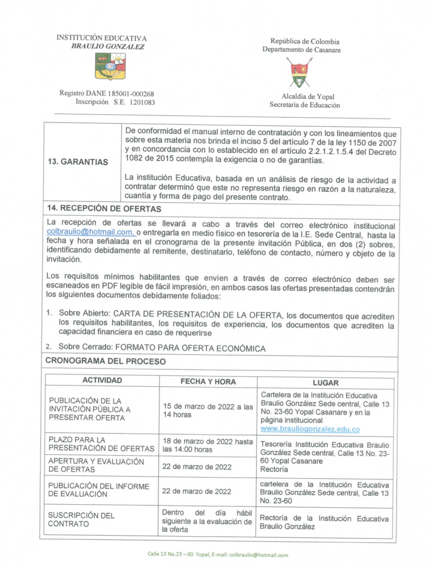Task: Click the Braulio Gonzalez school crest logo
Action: (x=110, y=66)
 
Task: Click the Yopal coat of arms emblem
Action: (x=299, y=72)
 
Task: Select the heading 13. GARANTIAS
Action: (x=78, y=162)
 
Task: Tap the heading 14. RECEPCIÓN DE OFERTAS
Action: (x=104, y=209)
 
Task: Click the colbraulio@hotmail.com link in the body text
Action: (x=90, y=232)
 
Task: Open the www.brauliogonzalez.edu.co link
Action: (x=310, y=429)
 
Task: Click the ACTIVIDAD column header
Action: (x=102, y=380)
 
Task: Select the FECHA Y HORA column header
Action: (x=208, y=382)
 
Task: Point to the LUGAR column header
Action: (x=325, y=383)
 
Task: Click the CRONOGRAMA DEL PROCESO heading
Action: (x=105, y=361)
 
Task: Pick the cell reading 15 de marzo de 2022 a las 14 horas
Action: (x=208, y=410)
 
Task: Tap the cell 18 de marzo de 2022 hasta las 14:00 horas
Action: (x=207, y=445)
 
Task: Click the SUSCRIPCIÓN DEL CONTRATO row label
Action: (x=81, y=519)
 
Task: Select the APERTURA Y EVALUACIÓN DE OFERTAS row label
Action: (x=96, y=465)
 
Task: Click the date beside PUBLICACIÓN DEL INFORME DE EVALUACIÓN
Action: (x=196, y=491)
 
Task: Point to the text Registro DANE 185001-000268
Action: (x=107, y=94)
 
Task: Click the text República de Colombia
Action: (x=305, y=41)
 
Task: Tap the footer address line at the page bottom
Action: (x=218, y=554)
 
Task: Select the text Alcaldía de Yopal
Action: (x=308, y=96)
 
